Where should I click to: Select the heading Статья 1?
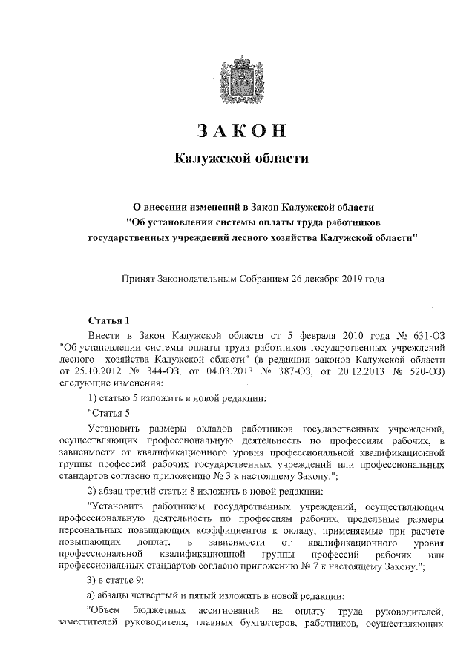coord(108,321)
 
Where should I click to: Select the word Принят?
coord(139,280)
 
